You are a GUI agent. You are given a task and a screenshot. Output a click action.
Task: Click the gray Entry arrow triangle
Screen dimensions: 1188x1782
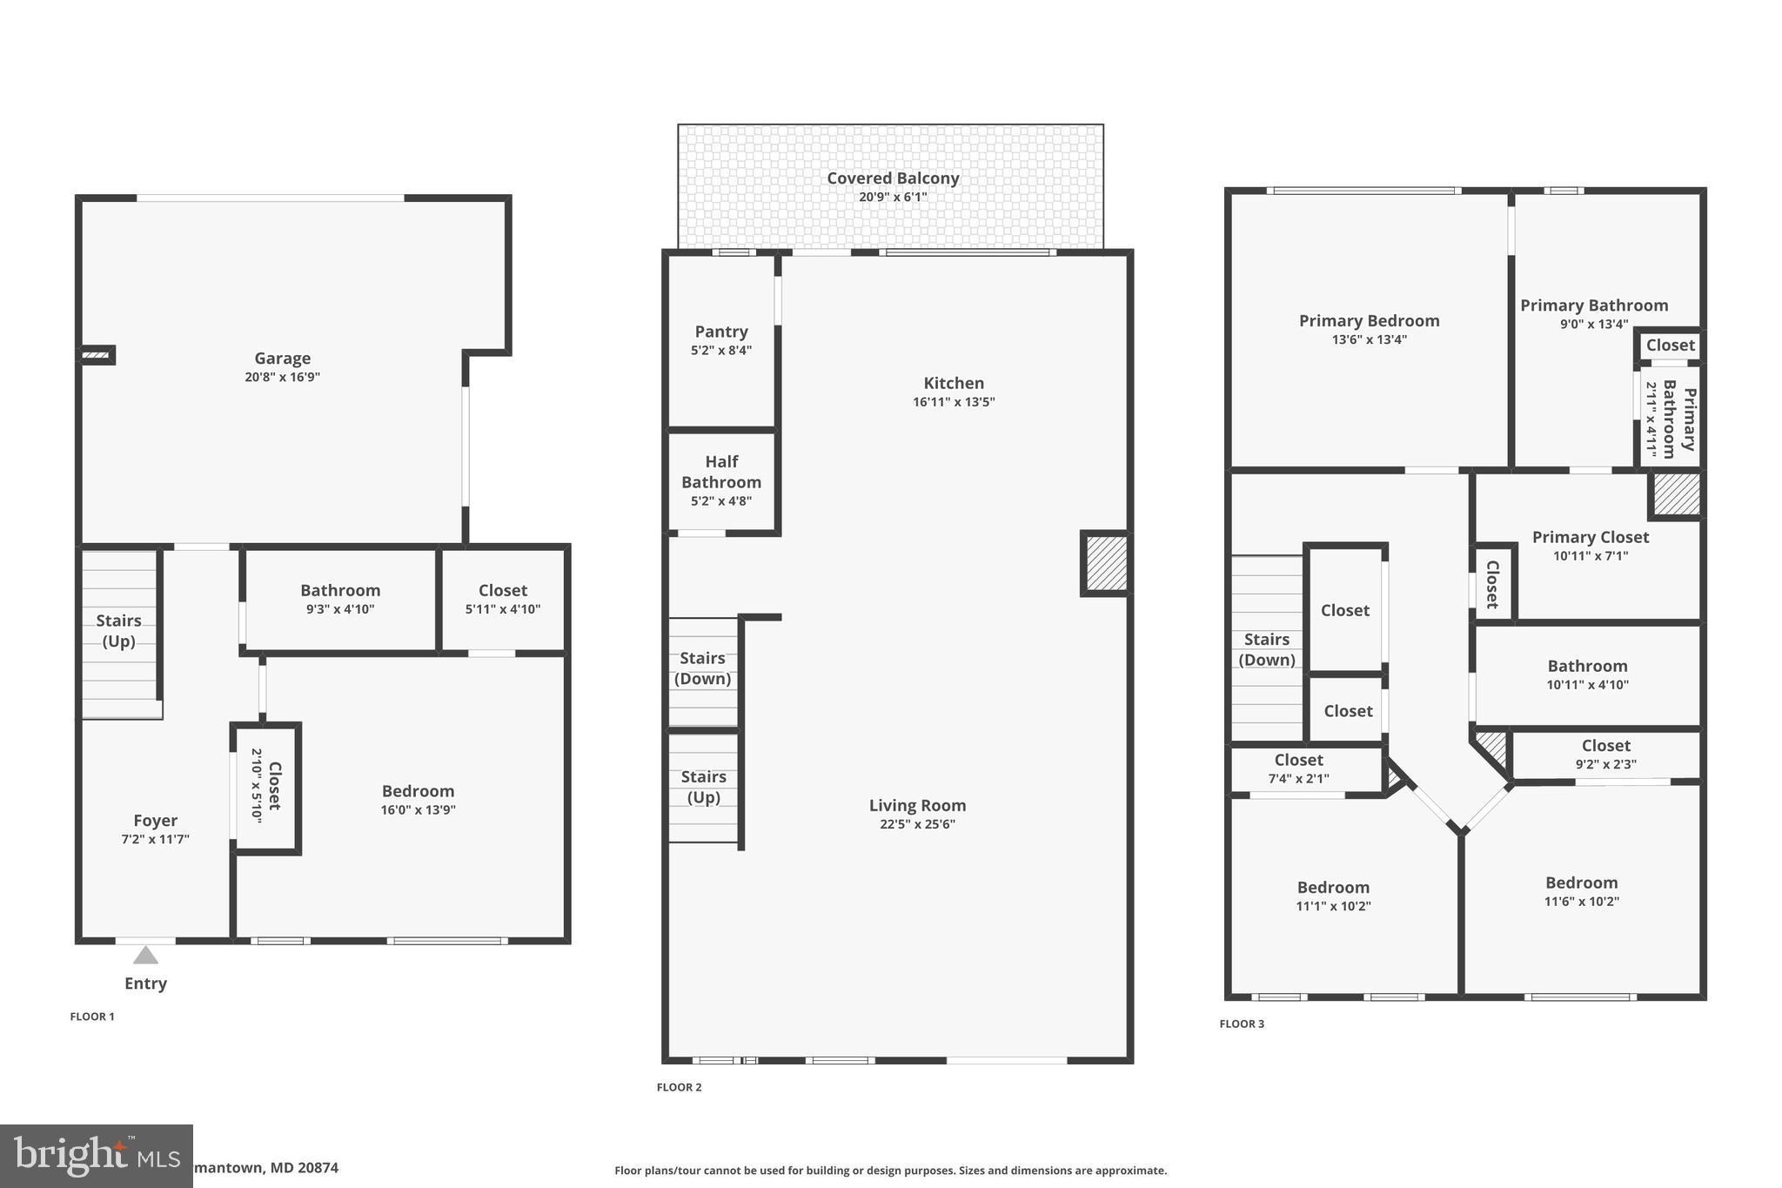[145, 956]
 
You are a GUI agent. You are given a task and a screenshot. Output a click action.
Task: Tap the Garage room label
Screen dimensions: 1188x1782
[282, 358]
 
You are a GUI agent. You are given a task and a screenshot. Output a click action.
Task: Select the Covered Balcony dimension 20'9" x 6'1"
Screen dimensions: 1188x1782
[892, 198]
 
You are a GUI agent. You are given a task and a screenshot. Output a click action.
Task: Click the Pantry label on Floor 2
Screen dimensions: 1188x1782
[720, 332]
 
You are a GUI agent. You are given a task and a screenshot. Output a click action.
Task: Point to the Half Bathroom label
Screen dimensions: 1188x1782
[720, 472]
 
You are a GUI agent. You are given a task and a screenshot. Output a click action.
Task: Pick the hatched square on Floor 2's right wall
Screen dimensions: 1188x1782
[1106, 564]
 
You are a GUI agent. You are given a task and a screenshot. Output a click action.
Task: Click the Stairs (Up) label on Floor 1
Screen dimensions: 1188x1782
[118, 630]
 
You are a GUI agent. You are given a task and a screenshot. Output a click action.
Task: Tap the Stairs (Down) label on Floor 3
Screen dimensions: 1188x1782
[1266, 649]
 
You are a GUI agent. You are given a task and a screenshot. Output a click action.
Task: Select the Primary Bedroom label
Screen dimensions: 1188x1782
[1369, 320]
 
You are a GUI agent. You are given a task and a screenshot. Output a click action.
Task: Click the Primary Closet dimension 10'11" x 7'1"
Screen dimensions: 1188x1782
[1590, 556]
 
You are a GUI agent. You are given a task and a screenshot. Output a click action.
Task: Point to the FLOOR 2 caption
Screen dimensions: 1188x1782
[679, 1087]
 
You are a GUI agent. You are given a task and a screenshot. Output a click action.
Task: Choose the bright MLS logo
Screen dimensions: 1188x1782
[96, 1156]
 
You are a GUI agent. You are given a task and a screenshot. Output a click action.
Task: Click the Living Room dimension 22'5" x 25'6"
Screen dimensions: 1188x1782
[917, 824]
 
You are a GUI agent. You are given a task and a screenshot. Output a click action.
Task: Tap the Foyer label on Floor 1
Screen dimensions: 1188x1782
[155, 820]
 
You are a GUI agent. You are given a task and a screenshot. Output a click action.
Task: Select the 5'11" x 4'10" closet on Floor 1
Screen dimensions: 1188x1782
[502, 600]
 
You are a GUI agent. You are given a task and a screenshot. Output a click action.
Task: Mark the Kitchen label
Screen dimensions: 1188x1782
[954, 383]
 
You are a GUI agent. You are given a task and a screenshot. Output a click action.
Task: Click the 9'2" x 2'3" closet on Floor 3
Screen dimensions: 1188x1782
[1605, 755]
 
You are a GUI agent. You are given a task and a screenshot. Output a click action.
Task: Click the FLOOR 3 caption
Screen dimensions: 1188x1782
[1242, 1024]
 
